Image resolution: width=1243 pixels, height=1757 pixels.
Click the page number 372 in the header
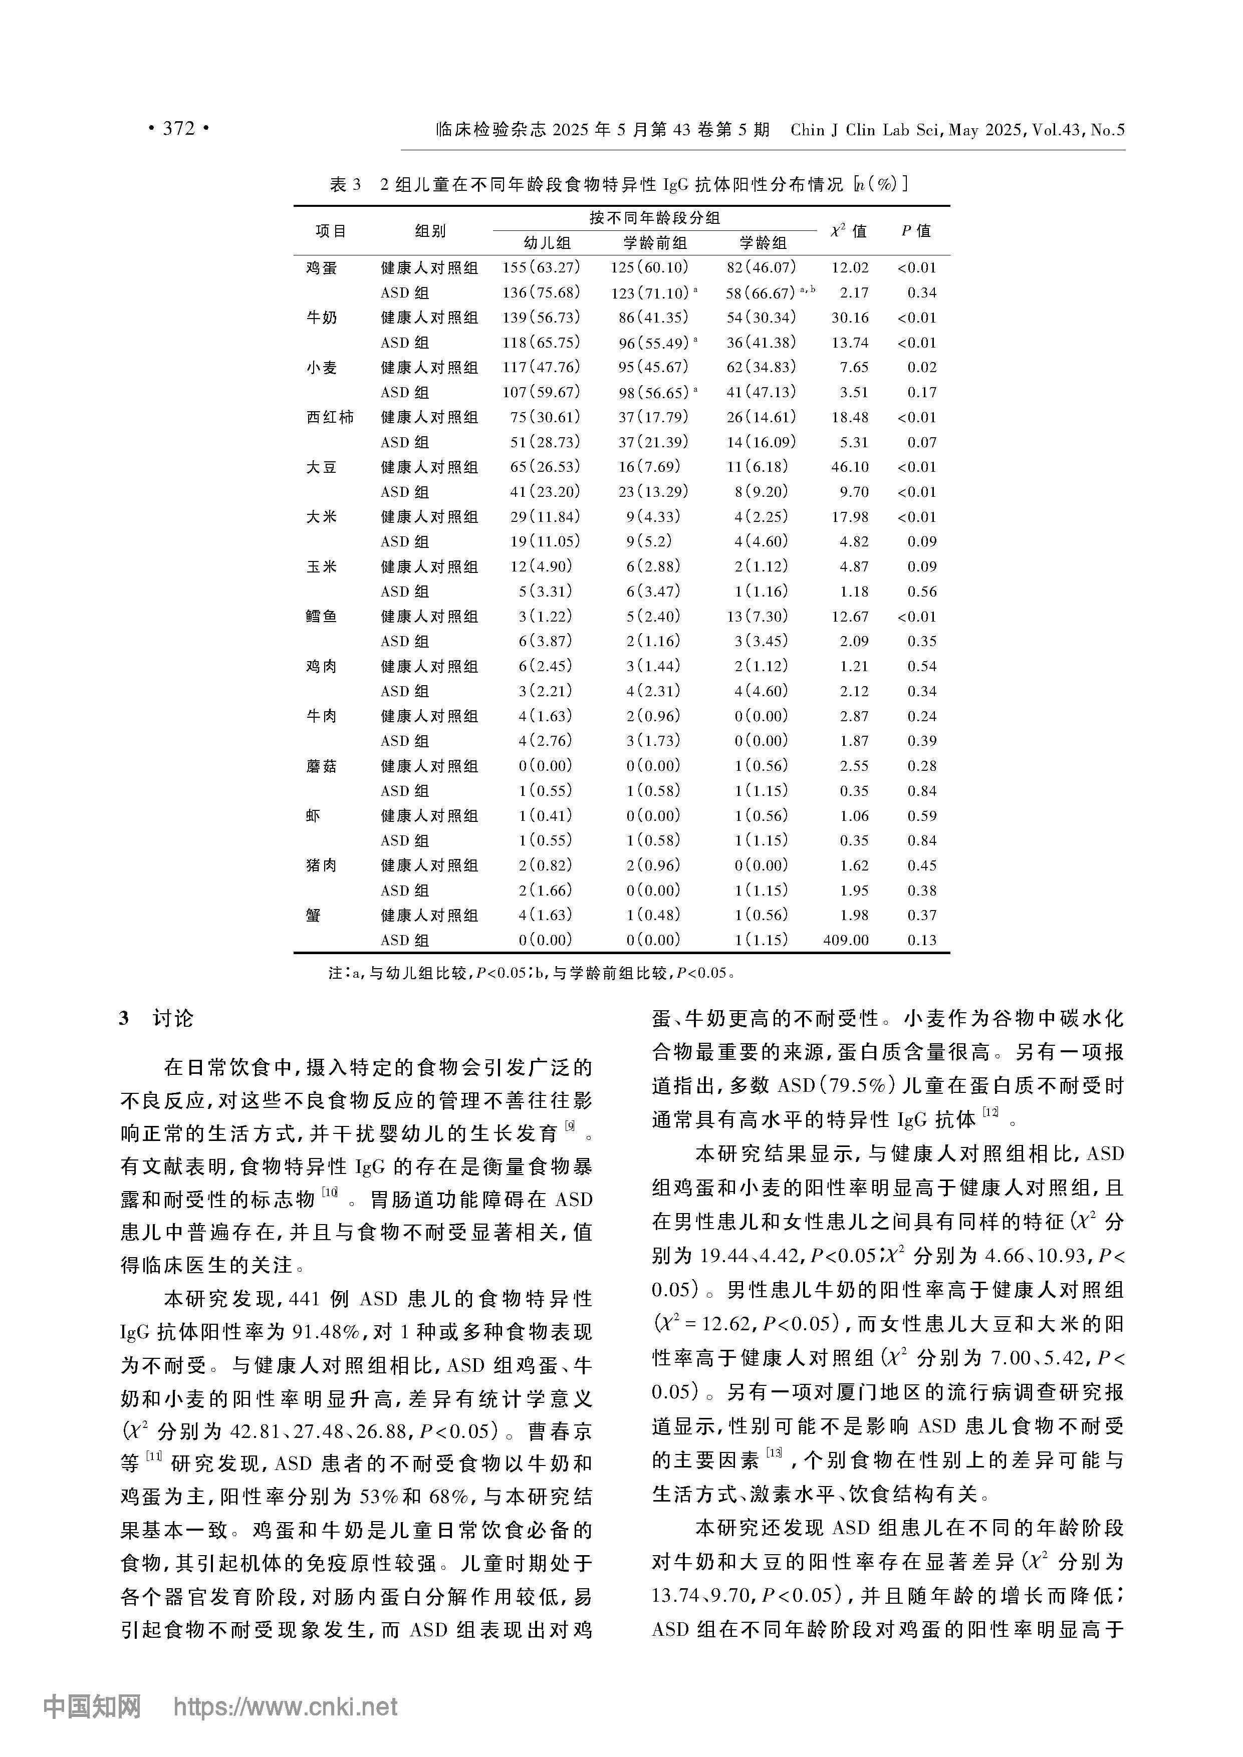click(178, 129)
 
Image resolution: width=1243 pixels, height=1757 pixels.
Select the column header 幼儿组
click(547, 243)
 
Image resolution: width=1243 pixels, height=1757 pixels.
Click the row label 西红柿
click(330, 417)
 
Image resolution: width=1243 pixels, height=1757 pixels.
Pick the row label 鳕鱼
click(322, 616)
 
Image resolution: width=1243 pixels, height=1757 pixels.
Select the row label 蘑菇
click(322, 766)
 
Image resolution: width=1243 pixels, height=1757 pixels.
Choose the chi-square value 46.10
click(850, 467)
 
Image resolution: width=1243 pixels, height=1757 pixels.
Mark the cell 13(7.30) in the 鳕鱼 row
click(761, 616)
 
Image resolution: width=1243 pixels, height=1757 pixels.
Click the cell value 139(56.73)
click(541, 318)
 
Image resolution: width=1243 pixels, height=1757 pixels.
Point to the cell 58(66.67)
click(761, 293)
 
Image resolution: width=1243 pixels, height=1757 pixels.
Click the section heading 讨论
click(173, 1019)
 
